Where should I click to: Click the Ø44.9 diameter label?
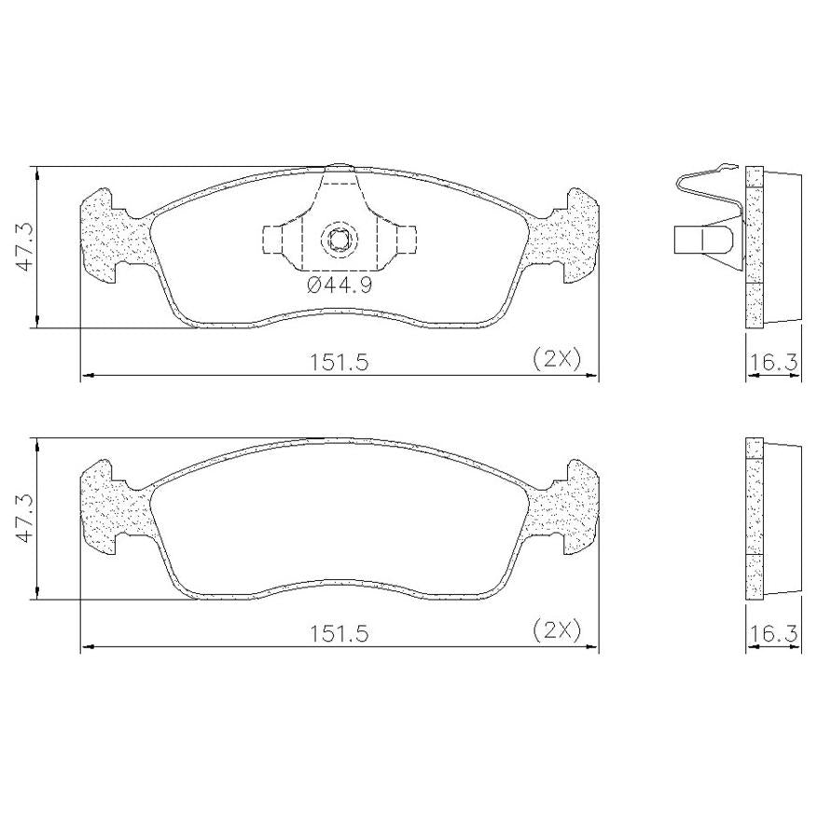point(339,285)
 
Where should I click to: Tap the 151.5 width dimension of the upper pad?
point(339,362)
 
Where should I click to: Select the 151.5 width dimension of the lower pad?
point(339,633)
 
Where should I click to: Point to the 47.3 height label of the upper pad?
point(24,246)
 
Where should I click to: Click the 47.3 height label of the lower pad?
point(24,519)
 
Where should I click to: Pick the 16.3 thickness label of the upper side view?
point(774,362)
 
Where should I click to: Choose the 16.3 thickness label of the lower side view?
point(774,633)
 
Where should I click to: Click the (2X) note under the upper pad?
point(557,359)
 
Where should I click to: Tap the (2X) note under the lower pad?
point(557,631)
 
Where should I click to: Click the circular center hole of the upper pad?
point(339,240)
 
